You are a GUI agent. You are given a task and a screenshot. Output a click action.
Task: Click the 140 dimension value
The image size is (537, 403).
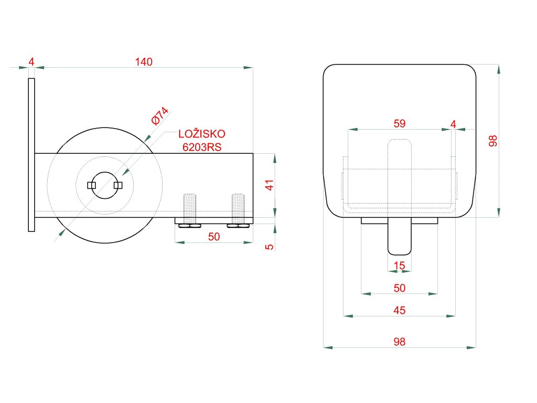[x=144, y=62]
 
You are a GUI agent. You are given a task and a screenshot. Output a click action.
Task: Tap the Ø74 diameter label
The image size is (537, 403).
[x=159, y=116]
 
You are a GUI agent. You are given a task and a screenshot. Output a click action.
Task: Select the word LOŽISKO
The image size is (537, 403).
[x=202, y=134]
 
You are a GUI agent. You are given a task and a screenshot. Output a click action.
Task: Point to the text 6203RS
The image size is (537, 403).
[x=202, y=147]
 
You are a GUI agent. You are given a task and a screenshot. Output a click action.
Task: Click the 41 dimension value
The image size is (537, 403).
[x=270, y=185]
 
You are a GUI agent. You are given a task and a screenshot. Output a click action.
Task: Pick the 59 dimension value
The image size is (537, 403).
[x=399, y=123]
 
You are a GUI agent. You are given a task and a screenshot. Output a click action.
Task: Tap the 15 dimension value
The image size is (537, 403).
[x=399, y=266]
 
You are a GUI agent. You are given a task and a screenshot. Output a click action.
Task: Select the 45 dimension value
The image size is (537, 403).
[x=399, y=310]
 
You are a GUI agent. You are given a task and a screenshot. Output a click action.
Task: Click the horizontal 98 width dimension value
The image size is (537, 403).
[x=399, y=342]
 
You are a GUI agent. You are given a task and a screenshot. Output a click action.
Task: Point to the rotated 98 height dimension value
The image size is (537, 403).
[x=492, y=141]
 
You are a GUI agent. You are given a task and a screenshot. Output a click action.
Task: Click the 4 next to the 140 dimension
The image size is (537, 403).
[x=31, y=62]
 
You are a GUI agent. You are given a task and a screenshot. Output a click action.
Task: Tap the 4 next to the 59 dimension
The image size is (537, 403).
[x=453, y=124]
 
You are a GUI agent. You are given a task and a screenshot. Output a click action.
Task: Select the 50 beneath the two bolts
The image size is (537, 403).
[x=214, y=237]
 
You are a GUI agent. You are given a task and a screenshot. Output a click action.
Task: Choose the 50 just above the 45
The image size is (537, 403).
[x=399, y=288]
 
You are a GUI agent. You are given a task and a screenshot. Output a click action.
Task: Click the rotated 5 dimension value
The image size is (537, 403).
[x=270, y=247]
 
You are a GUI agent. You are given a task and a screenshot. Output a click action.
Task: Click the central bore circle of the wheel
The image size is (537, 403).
[x=105, y=172]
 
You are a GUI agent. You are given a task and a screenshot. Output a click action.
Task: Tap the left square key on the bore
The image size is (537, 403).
[x=91, y=185]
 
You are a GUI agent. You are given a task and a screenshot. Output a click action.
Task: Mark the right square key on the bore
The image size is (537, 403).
[x=118, y=185]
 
